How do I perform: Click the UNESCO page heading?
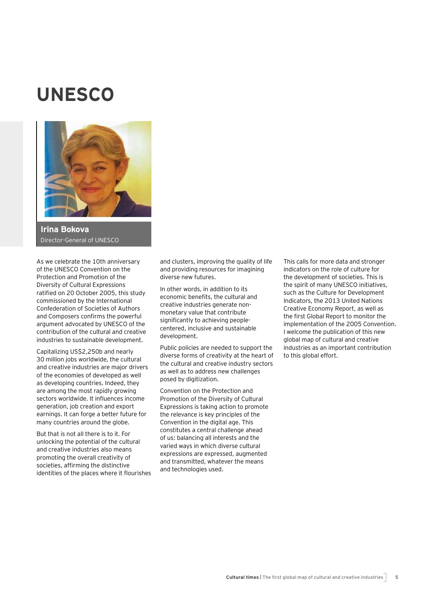pyautogui.click(x=75, y=95)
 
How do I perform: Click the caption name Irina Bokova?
pyautogui.click(x=65, y=229)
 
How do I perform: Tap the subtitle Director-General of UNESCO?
pyautogui.click(x=80, y=240)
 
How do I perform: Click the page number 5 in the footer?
pyautogui.click(x=397, y=577)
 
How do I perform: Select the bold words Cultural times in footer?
pyautogui.click(x=242, y=577)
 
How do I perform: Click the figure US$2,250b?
pyautogui.click(x=86, y=352)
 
